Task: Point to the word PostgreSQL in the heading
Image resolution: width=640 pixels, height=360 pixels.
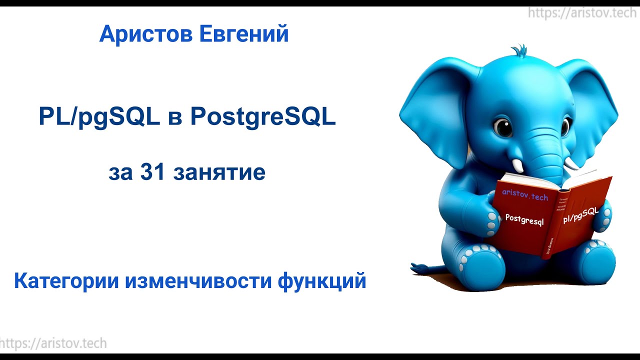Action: (262, 118)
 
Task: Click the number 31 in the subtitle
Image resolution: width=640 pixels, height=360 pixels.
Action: (152, 172)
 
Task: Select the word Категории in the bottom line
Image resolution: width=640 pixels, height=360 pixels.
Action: (65, 281)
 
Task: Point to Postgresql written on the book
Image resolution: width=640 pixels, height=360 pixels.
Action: (524, 219)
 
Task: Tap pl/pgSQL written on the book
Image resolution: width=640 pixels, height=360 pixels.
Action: (581, 217)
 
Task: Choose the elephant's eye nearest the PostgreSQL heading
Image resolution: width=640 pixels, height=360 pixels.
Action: (502, 127)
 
